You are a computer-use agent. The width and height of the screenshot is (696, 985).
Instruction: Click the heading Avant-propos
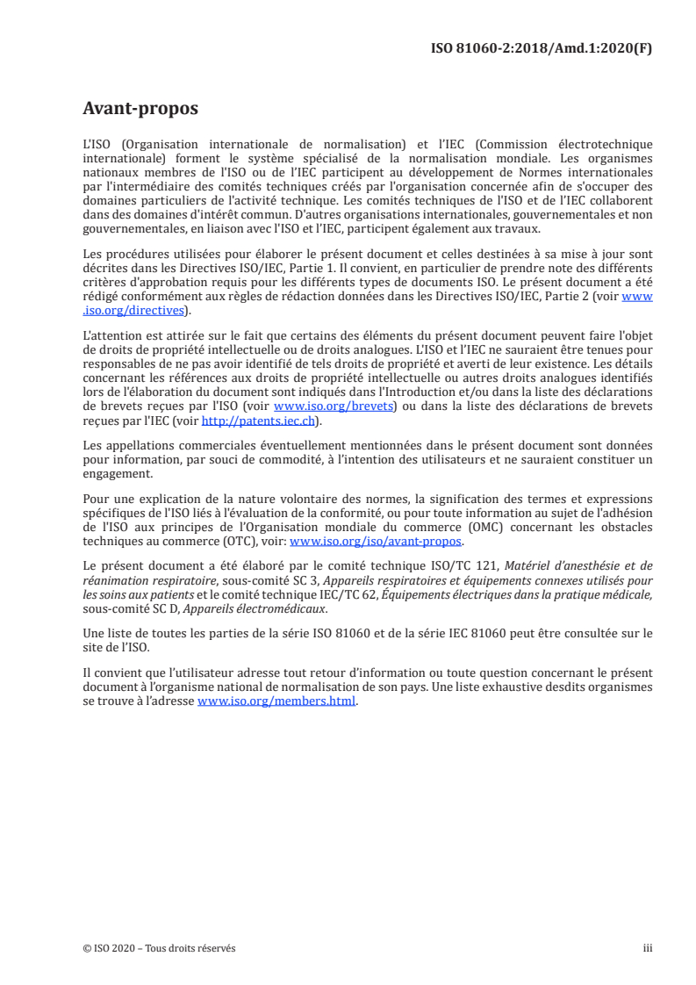pos(140,109)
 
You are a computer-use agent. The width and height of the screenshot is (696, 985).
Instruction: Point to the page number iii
pos(647,948)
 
